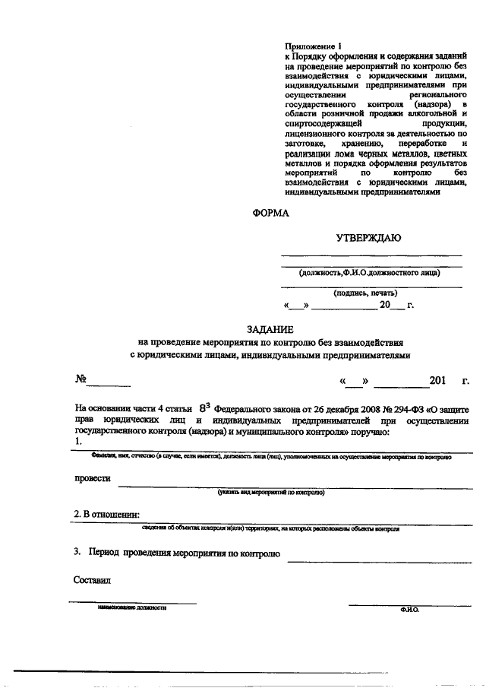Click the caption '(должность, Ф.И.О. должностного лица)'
tap(370, 271)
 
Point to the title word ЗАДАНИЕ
tap(270, 328)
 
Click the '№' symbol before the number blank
tap(80, 379)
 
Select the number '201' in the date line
tap(439, 379)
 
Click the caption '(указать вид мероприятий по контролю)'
tap(270, 492)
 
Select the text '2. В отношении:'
tap(106, 515)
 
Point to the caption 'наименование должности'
tap(131, 608)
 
